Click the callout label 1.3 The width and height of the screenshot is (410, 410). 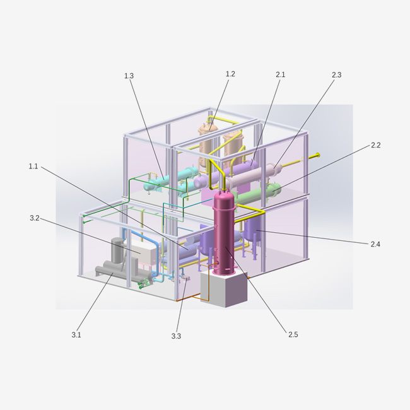click(129, 76)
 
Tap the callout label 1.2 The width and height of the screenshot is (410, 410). click(230, 74)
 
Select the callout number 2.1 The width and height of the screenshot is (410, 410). click(280, 75)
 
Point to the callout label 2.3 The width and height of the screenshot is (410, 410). click(337, 75)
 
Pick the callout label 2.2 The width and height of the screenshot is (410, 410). click(376, 145)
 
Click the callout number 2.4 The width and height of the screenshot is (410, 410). click(375, 245)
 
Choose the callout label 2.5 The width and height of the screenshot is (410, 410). click(293, 335)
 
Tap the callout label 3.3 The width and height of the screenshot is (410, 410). click(176, 336)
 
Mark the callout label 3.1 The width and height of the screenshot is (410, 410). click(76, 335)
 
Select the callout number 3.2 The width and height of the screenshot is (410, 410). click(35, 218)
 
